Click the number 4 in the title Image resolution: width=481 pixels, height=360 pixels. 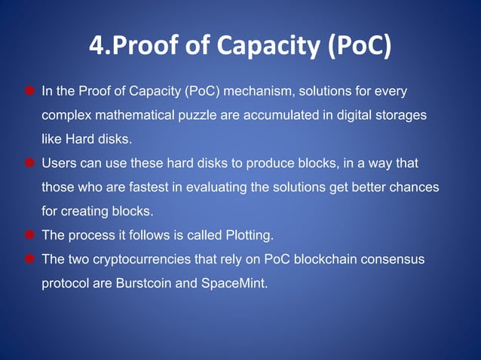click(x=97, y=46)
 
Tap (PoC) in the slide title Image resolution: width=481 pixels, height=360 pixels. click(x=359, y=47)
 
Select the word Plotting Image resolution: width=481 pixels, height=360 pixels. click(x=247, y=236)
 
